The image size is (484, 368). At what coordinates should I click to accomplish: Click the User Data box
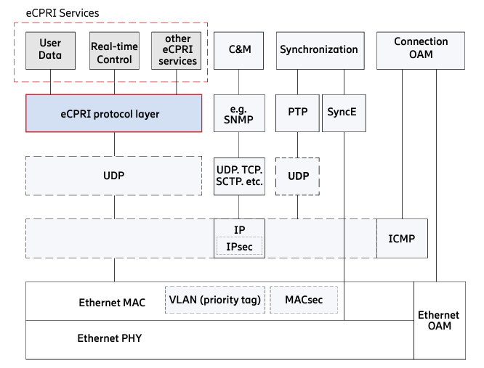click(x=50, y=50)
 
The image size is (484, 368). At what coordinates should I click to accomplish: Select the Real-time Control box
click(x=114, y=50)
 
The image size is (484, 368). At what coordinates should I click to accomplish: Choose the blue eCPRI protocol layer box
click(x=114, y=114)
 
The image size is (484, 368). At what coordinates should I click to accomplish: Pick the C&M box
click(x=239, y=50)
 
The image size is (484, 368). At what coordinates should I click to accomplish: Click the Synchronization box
click(x=318, y=50)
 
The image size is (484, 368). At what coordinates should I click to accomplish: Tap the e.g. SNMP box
click(x=239, y=114)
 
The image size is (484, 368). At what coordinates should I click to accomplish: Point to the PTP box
click(x=297, y=114)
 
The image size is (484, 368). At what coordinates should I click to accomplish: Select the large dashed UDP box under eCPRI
click(x=114, y=176)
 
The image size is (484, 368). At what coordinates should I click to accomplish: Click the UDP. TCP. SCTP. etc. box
click(x=239, y=176)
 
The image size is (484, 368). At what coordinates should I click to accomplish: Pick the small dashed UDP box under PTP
click(x=297, y=176)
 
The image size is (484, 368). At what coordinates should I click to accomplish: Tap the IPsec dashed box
click(x=239, y=247)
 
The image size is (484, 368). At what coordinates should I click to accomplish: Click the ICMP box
click(x=401, y=238)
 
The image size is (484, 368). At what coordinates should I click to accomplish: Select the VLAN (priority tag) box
click(x=214, y=299)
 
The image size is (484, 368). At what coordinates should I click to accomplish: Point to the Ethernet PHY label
click(x=110, y=338)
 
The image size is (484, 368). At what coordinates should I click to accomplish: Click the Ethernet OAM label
click(x=438, y=320)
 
